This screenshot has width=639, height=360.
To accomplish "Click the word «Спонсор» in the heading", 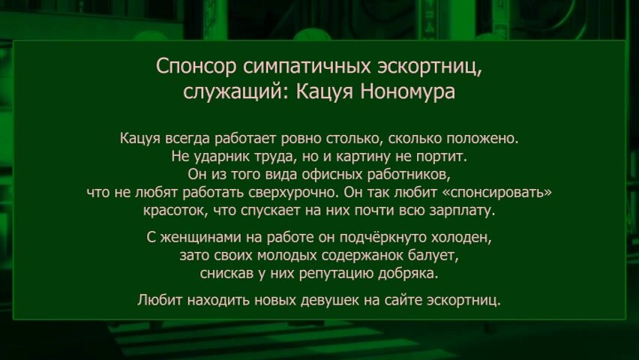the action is pyautogui.click(x=196, y=67).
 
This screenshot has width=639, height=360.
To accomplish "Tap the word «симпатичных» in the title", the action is pyautogui.click(x=307, y=67).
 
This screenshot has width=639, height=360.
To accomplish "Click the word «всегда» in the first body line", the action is pyautogui.click(x=187, y=139).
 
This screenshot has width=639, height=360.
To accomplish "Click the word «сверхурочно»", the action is pyautogui.click(x=292, y=193).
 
